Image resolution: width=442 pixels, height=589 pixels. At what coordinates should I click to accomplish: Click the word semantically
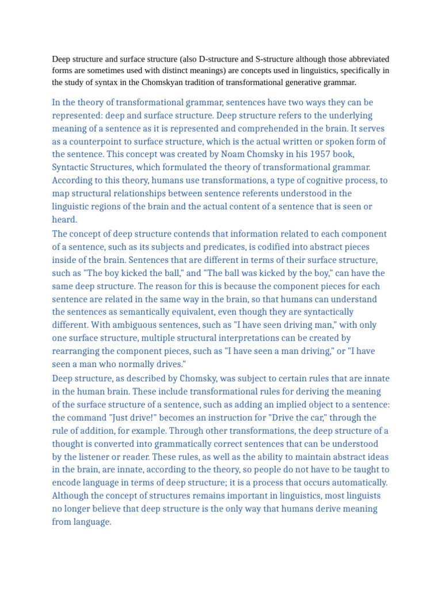pyautogui.click(x=163, y=312)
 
